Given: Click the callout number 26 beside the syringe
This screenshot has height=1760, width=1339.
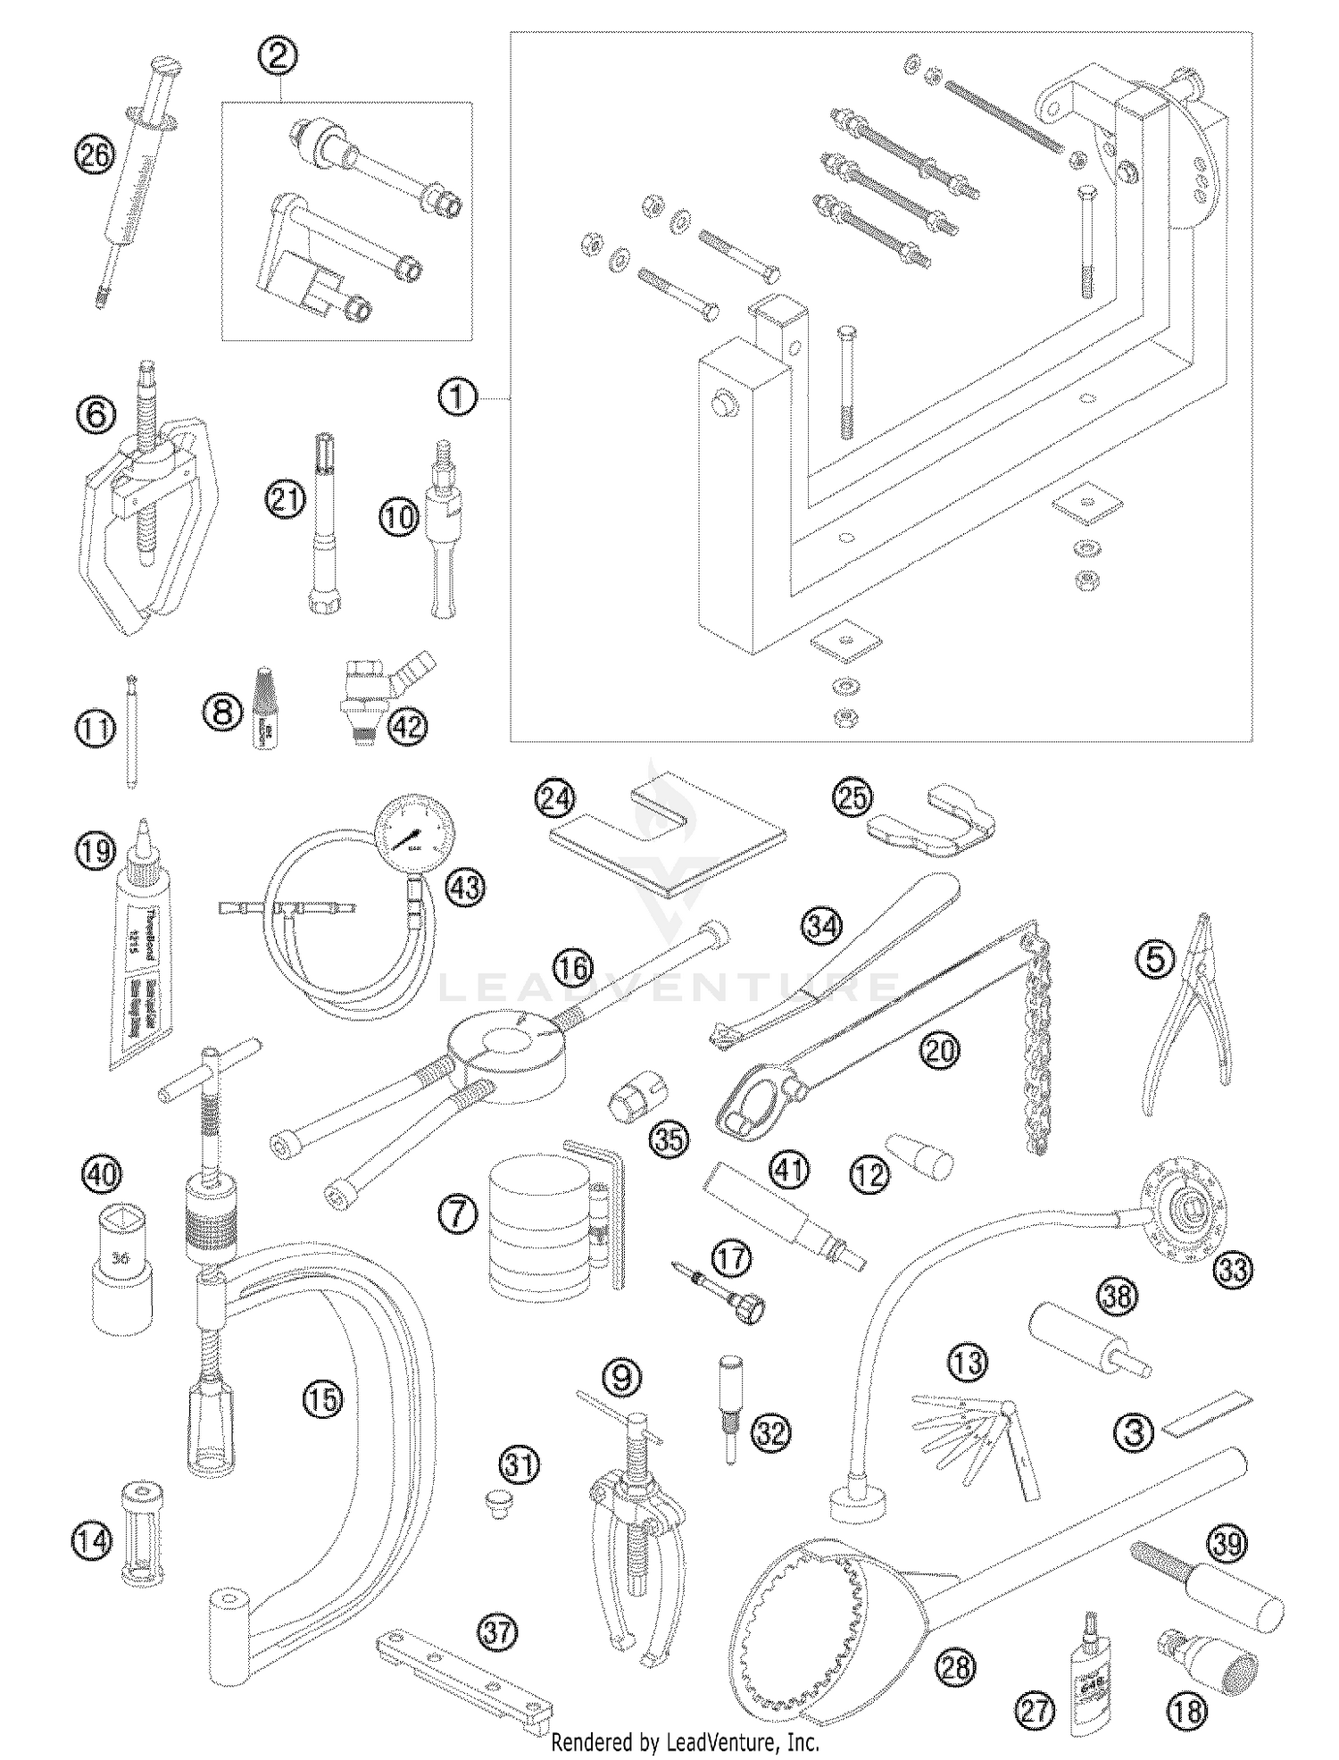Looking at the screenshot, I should (95, 156).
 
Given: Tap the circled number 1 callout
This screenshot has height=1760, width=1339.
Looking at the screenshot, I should (457, 396).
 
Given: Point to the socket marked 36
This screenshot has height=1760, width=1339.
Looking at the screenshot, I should (123, 1264).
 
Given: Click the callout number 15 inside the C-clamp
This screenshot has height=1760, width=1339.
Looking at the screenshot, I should (321, 1399).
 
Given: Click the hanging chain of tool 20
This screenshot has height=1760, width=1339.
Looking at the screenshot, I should (1037, 1040).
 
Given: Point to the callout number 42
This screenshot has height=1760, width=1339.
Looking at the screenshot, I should (407, 727).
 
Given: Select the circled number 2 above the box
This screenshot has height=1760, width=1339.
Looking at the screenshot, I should (278, 57).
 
